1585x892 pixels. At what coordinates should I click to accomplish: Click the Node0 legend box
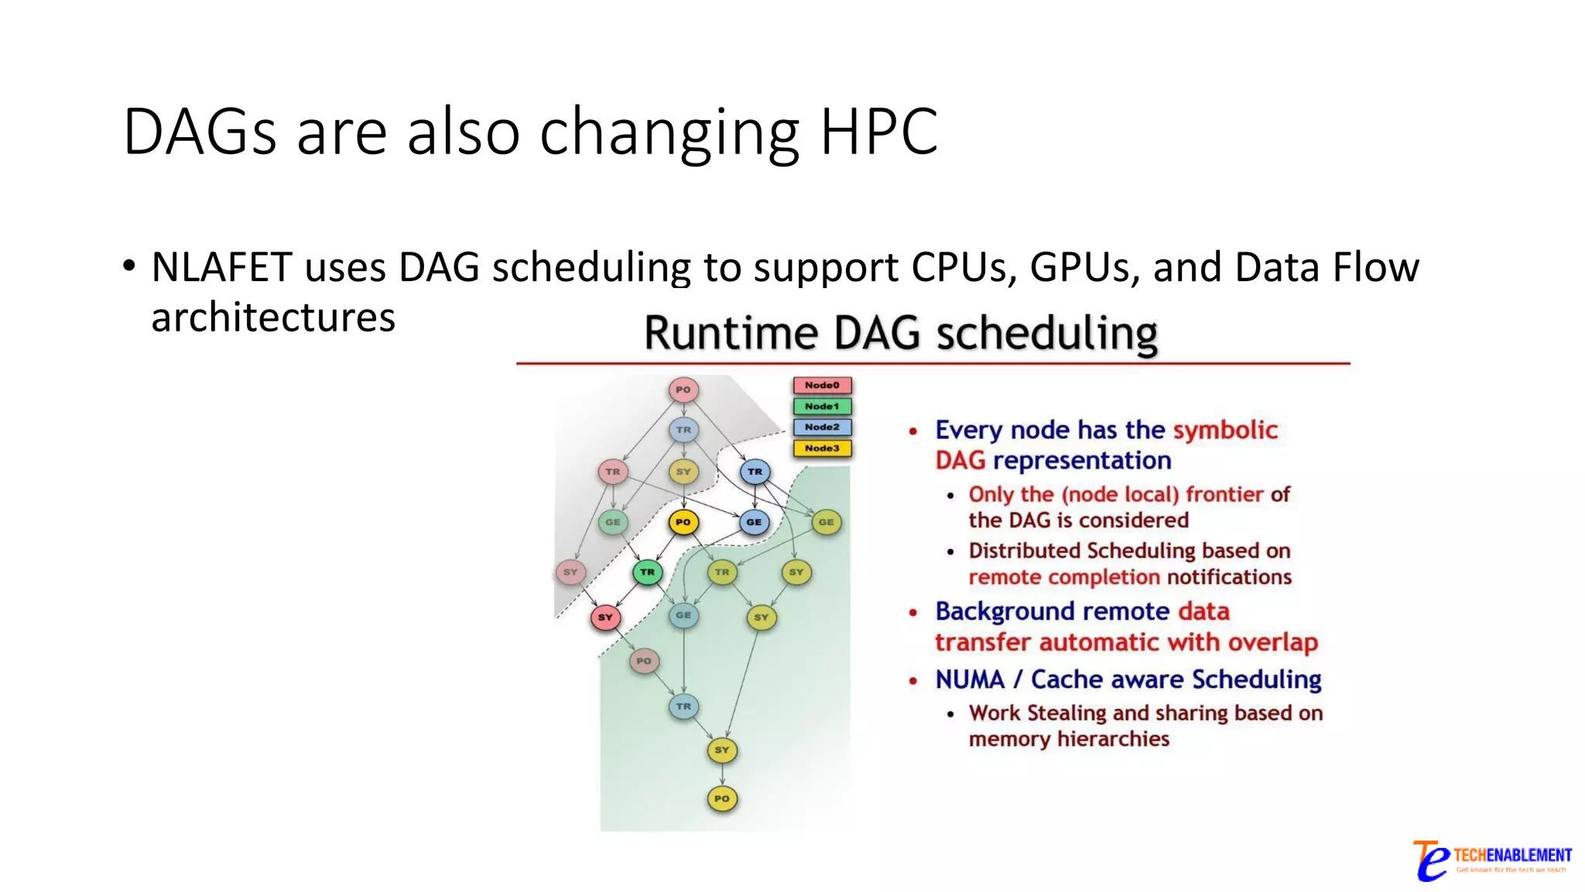[x=822, y=386]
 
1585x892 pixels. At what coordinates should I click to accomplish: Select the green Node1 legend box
[x=822, y=407]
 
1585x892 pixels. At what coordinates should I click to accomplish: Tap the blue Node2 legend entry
[x=822, y=427]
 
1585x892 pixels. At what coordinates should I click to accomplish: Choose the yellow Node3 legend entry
[x=822, y=448]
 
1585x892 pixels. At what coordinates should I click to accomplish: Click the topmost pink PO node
[x=683, y=389]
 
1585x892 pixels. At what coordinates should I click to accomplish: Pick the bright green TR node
[x=648, y=572]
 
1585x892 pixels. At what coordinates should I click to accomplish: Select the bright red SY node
[x=605, y=617]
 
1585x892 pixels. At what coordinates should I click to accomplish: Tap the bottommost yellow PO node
[x=722, y=798]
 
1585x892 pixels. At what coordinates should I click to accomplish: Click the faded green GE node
[x=613, y=522]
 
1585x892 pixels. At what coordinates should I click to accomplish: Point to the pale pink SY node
[x=570, y=572]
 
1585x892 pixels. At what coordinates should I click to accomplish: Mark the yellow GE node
[x=827, y=522]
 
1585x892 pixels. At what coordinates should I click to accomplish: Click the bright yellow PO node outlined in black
[x=683, y=522]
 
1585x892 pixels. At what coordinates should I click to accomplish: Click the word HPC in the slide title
[x=878, y=132]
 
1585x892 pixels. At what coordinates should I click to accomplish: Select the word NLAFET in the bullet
[x=221, y=268]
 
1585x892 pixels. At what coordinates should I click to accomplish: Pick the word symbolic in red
[x=1225, y=430]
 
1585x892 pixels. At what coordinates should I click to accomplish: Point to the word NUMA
[x=970, y=680]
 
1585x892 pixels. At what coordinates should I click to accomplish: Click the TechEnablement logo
[x=1491, y=860]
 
